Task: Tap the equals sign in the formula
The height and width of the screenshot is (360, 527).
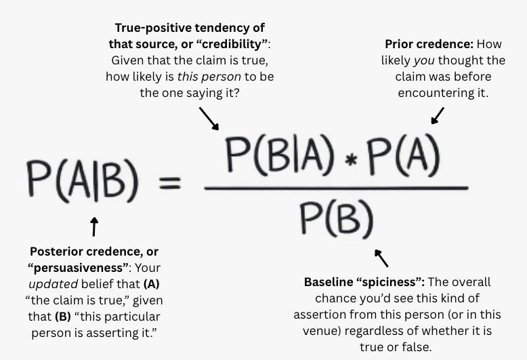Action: click(169, 182)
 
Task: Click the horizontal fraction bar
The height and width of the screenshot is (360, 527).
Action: click(336, 188)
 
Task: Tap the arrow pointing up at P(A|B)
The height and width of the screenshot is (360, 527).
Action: click(94, 226)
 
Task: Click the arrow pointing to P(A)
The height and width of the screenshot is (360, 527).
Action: click(438, 115)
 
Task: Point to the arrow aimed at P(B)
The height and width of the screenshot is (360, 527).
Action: click(381, 258)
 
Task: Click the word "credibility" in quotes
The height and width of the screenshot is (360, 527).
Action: click(234, 44)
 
